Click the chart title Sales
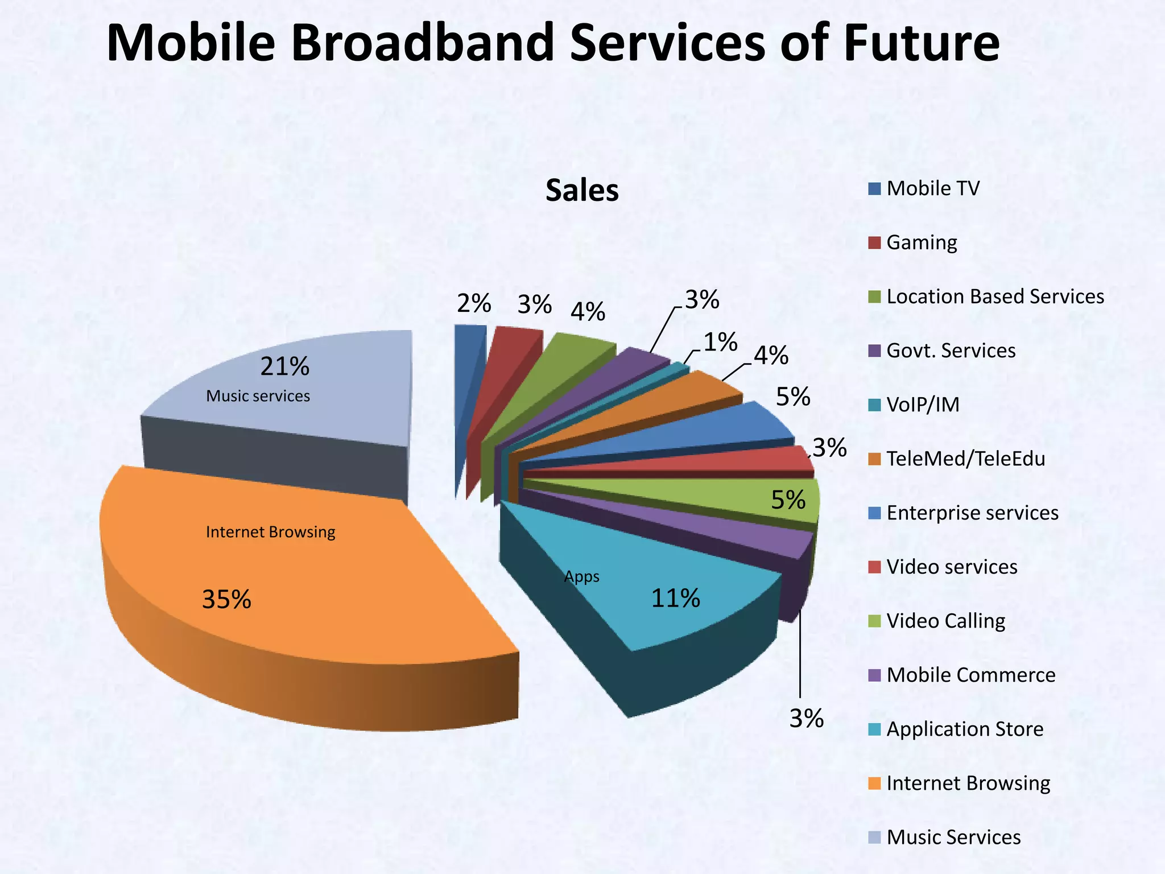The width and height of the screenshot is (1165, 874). pos(581,191)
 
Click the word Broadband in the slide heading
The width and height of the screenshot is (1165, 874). pos(422,43)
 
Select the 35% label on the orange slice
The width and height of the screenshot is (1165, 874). pos(226,600)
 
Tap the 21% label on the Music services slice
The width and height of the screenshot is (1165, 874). pos(284,366)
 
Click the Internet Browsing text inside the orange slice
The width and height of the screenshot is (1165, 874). pos(270,532)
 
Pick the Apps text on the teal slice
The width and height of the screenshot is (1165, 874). pos(581,577)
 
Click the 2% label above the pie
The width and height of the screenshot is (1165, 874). pos(474,304)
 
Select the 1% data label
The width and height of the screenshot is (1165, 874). pos(720,343)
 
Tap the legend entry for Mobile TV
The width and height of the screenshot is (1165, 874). pos(932,188)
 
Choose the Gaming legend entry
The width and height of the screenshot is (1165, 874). pos(921,242)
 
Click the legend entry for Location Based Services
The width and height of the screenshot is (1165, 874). pos(994,296)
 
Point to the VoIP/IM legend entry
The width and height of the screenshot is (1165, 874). pos(922,405)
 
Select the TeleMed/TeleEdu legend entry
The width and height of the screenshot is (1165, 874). pos(965,459)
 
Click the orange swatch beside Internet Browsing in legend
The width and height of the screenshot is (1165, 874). pos(875,784)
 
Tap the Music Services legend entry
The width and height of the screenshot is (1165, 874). pos(953,837)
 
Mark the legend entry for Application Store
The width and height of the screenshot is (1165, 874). pos(964,729)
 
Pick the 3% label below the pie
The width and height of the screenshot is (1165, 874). pos(806,719)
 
